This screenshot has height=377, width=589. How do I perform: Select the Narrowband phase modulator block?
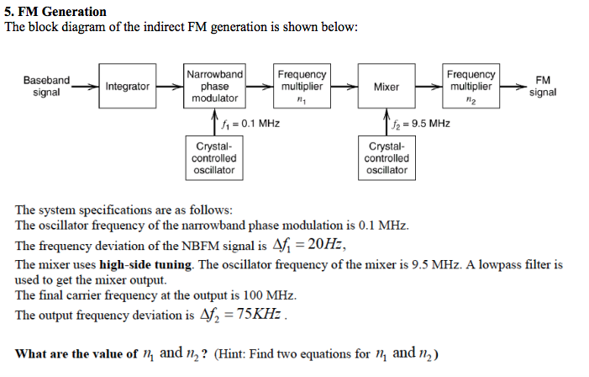(x=214, y=86)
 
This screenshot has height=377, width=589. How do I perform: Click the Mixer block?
(x=386, y=86)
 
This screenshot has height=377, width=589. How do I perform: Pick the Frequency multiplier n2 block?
(x=471, y=86)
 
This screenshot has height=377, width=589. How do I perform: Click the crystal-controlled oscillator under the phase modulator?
(x=214, y=158)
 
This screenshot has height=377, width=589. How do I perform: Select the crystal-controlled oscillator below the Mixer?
(x=387, y=158)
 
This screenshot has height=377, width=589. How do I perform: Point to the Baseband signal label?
(x=46, y=86)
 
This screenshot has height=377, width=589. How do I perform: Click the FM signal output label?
(x=543, y=86)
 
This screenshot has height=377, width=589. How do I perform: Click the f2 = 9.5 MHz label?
(x=421, y=124)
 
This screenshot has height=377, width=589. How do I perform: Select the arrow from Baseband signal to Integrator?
(x=85, y=86)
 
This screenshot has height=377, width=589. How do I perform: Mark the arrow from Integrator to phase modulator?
(x=170, y=86)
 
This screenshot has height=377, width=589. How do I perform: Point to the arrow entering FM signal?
(x=514, y=86)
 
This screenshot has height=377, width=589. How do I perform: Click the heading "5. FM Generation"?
(x=55, y=12)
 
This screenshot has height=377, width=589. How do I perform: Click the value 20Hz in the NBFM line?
(x=320, y=245)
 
